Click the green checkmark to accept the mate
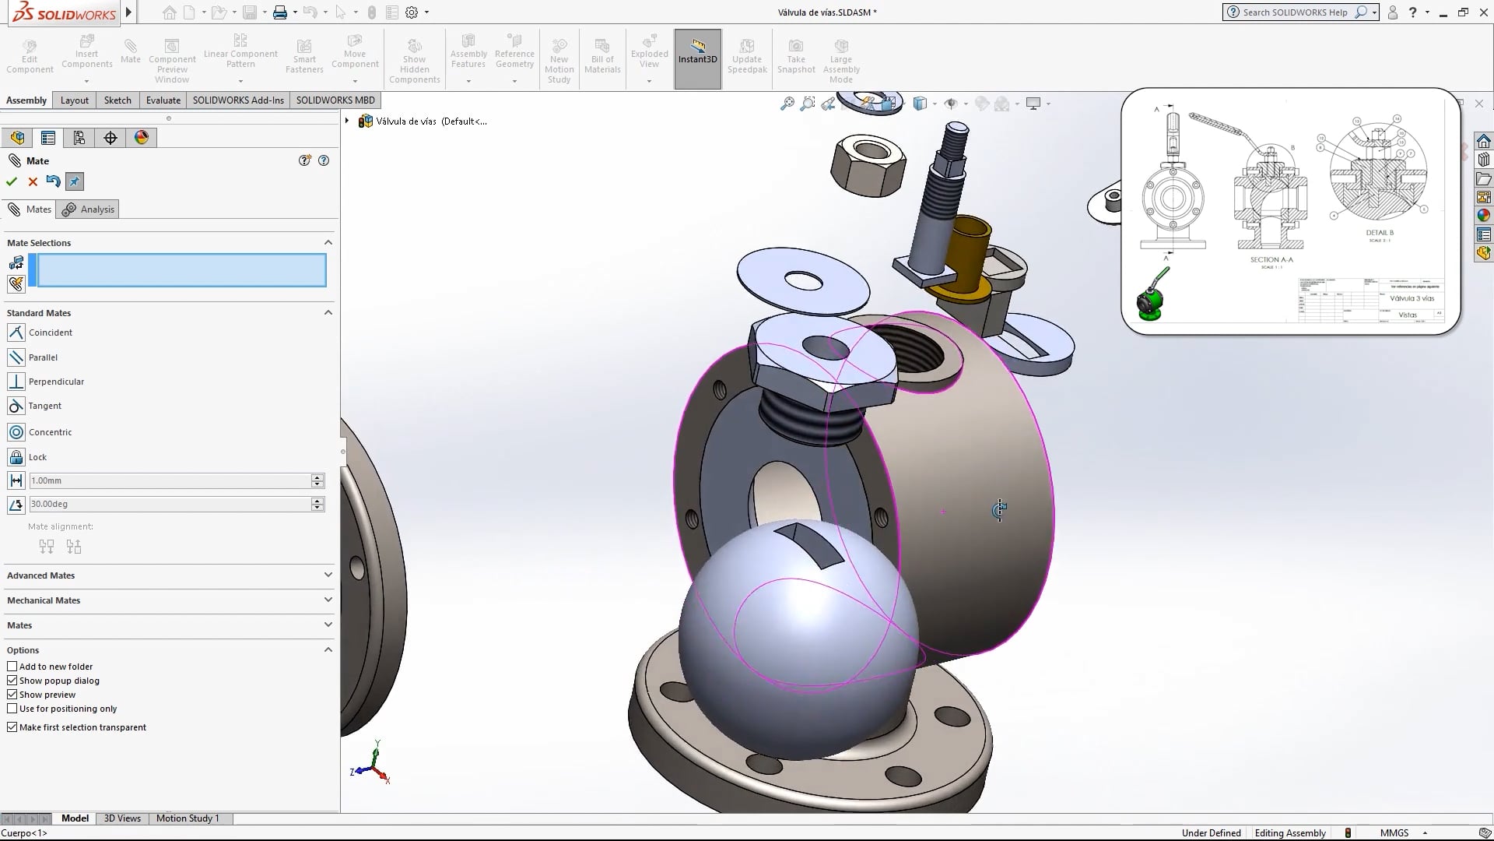[12, 181]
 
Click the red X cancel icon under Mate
[33, 181]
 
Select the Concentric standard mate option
[50, 432]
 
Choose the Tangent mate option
[44, 406]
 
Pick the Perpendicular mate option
[55, 382]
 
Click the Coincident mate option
[50, 333]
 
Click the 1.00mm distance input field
[169, 480]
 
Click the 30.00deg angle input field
[169, 504]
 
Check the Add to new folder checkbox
[12, 667]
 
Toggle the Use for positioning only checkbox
[12, 709]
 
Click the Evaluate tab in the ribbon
[163, 100]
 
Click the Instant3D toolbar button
[697, 58]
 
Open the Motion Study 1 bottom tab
[188, 818]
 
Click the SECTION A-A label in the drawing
[1271, 259]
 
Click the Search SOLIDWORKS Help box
[1294, 12]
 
